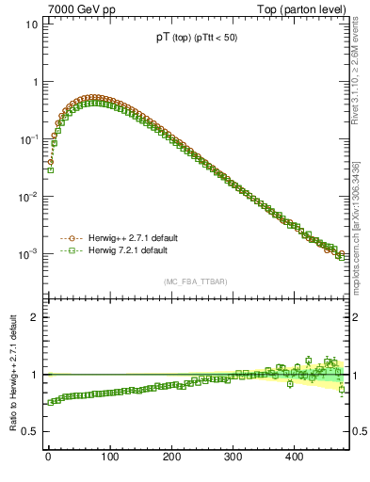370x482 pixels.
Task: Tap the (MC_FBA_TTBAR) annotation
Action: point(193,282)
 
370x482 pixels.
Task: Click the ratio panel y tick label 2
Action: point(33,317)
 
